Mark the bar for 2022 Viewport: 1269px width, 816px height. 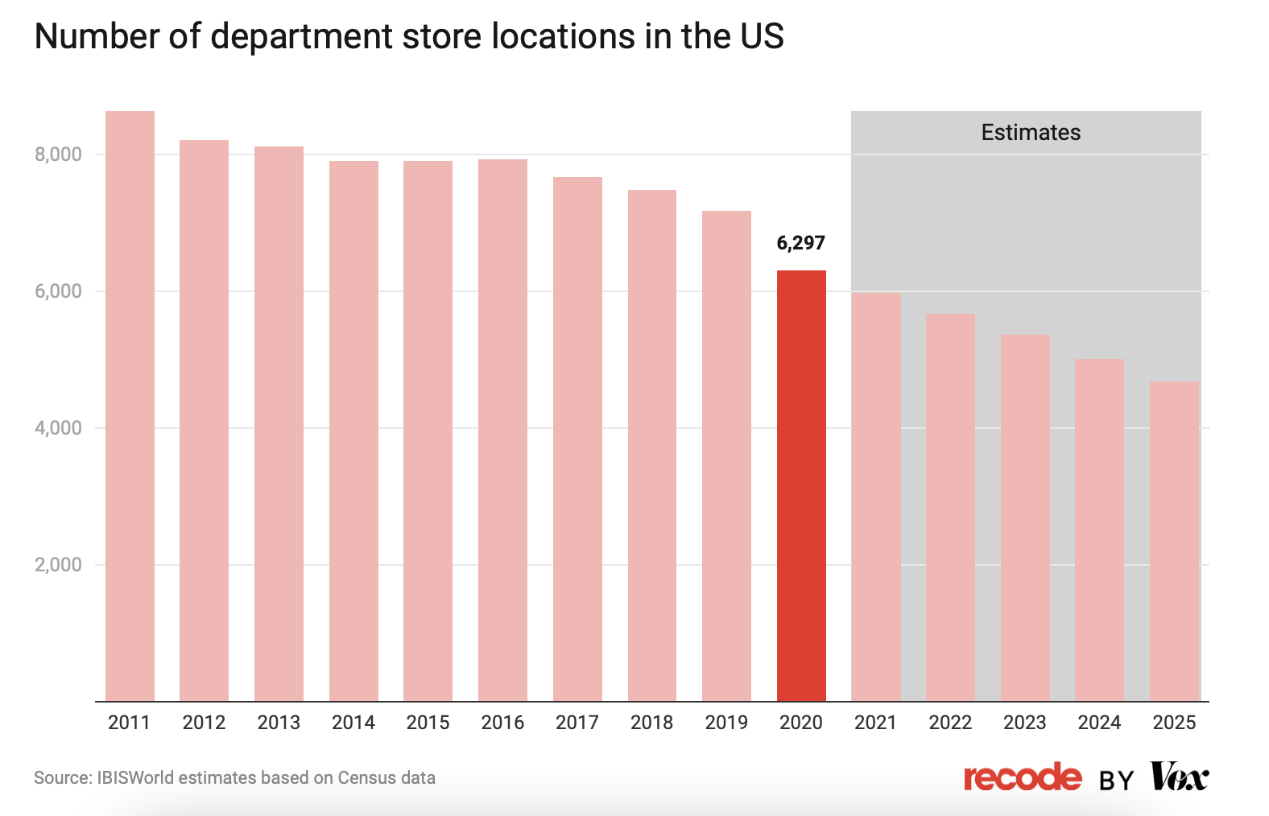point(950,507)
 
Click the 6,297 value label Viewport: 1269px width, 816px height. point(800,243)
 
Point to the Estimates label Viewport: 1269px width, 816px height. point(1031,133)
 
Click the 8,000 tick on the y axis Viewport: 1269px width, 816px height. point(59,155)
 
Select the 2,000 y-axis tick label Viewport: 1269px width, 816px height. point(59,565)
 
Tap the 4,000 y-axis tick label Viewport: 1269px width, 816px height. point(59,428)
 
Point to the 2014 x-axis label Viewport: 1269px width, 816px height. point(353,723)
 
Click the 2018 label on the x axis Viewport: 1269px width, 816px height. point(651,723)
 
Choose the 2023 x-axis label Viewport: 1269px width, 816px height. point(1024,723)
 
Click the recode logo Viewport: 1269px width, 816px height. point(1023,777)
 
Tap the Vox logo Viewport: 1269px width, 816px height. point(1180,777)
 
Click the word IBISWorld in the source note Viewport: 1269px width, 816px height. point(134,778)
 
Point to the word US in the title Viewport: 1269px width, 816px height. point(761,37)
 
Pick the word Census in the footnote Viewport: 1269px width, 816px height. point(366,778)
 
